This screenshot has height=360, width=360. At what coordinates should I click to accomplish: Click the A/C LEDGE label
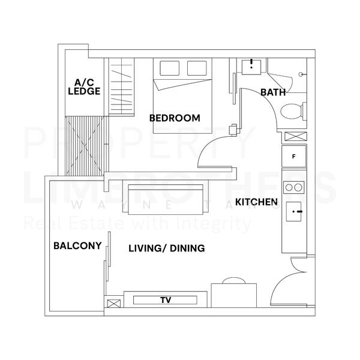(x=83, y=86)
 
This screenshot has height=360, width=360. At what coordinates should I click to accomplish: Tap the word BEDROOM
(x=175, y=118)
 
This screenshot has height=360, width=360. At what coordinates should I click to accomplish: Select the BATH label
(x=272, y=92)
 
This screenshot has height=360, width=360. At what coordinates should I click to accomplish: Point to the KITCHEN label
(x=256, y=202)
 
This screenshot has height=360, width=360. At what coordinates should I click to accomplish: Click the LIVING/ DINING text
(x=167, y=248)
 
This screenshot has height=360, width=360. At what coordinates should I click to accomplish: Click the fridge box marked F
(x=293, y=157)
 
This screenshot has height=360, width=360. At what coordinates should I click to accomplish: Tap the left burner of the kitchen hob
(x=289, y=187)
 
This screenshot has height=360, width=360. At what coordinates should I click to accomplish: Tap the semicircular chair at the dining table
(x=231, y=281)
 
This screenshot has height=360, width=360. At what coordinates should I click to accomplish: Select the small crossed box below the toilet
(x=294, y=136)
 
